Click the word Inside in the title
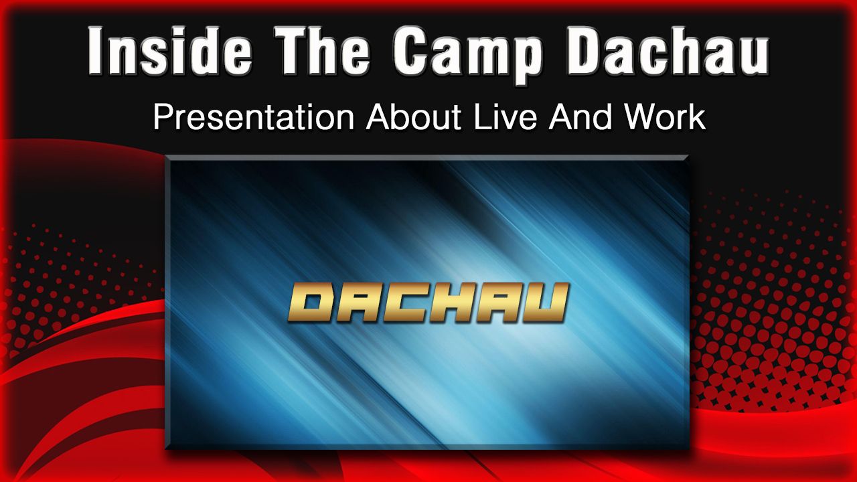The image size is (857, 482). [x=170, y=50]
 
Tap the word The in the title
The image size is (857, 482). [x=323, y=50]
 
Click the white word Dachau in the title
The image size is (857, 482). [x=668, y=50]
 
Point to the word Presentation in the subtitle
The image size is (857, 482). [x=254, y=117]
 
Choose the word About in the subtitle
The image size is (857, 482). [x=414, y=117]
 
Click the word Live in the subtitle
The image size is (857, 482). [x=505, y=117]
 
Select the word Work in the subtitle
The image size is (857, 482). [x=665, y=117]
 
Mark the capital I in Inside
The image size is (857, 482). [x=96, y=50]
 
